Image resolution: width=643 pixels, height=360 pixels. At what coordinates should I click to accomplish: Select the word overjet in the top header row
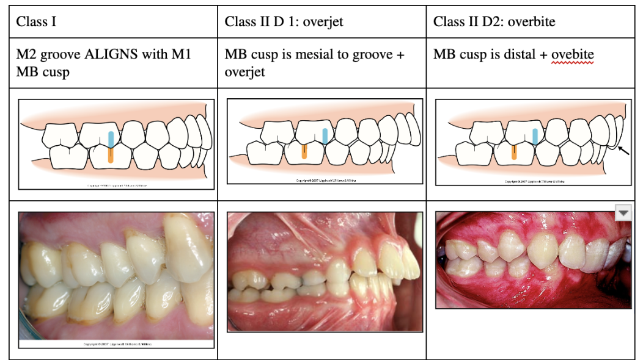(323, 22)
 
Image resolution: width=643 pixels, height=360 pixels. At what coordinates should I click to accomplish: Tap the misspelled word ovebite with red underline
(573, 55)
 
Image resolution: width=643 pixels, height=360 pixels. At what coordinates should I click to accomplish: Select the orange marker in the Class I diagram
(110, 154)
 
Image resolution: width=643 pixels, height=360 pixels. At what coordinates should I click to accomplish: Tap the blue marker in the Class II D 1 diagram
(325, 136)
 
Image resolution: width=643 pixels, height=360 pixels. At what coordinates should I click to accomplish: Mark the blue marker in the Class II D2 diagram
(535, 135)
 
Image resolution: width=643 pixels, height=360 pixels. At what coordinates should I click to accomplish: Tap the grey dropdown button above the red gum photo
(623, 212)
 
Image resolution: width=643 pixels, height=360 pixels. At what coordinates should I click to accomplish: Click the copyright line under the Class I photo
(116, 345)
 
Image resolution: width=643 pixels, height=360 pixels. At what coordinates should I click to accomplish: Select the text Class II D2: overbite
(494, 22)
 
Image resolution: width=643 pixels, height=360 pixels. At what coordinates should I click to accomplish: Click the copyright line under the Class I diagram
(116, 184)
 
